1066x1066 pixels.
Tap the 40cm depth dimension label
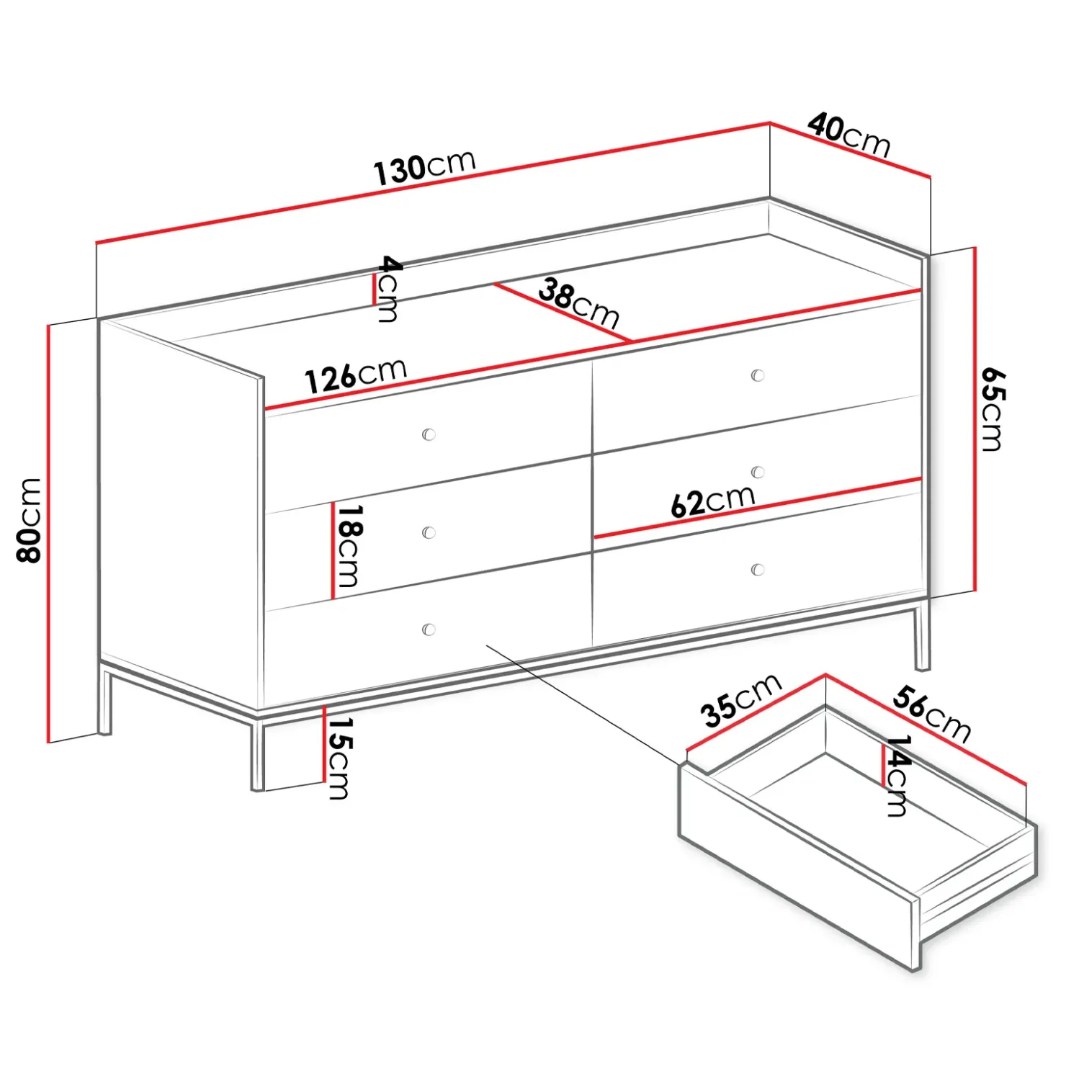coord(849,135)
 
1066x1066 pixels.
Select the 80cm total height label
coord(30,520)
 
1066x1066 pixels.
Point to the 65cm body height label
coord(993,409)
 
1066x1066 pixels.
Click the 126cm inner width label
coord(356,375)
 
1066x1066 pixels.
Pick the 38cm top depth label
coord(578,303)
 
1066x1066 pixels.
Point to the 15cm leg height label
coord(339,758)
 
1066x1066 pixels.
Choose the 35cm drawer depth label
coord(741,700)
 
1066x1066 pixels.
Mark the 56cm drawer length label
coord(932,714)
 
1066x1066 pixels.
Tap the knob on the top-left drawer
coord(429,434)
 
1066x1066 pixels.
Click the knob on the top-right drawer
coord(757,375)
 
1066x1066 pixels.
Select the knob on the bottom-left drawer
coord(429,630)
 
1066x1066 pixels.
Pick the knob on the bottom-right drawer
coord(757,570)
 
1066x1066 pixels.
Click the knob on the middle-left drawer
coord(429,532)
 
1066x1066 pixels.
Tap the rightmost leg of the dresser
coord(922,637)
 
